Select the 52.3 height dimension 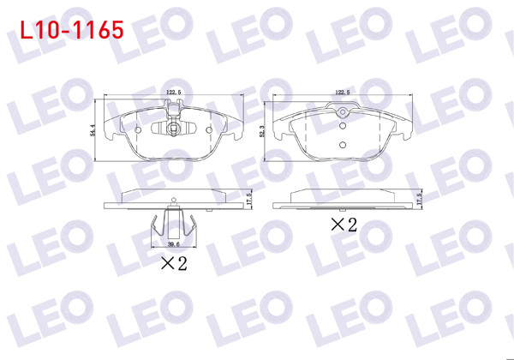[x=260, y=128]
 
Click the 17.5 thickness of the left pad [x=248, y=198]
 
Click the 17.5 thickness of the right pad [x=419, y=198]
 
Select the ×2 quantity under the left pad [x=173, y=263]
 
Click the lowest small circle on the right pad [x=343, y=144]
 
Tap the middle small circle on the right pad [x=343, y=128]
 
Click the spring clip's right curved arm [x=192, y=229]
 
